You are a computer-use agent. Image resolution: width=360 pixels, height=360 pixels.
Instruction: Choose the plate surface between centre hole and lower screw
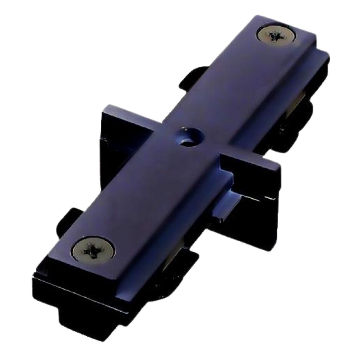click(x=144, y=191)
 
